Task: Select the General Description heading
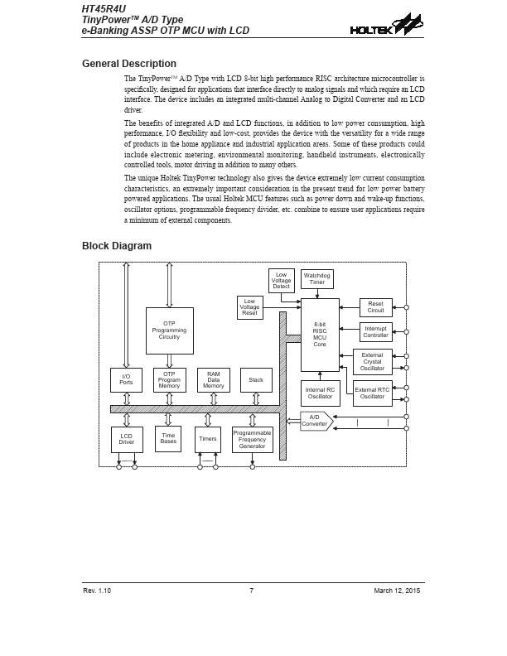point(128,64)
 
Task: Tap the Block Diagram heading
point(117,246)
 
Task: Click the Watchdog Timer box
point(317,279)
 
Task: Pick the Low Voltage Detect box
point(281,280)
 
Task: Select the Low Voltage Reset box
point(249,307)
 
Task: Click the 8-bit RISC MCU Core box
point(320,335)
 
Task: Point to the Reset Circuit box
point(375,307)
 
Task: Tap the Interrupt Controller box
point(375,332)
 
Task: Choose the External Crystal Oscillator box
point(372,362)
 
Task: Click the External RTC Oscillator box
point(372,393)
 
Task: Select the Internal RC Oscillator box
point(320,393)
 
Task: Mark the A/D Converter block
point(316,421)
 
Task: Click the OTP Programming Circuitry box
point(169,330)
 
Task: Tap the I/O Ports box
point(126,379)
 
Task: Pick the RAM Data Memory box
point(213,379)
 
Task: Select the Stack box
point(256,380)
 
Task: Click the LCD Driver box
point(127,439)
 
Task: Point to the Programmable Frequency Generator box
point(252,439)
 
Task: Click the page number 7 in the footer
point(251,590)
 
